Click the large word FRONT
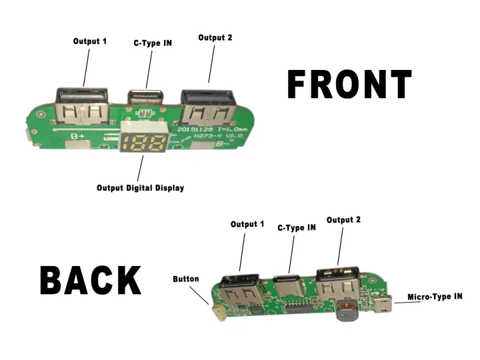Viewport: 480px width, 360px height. (x=349, y=85)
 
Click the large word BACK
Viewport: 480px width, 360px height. (x=91, y=280)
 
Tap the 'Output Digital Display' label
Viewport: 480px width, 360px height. (x=140, y=188)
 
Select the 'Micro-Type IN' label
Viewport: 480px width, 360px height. (x=434, y=296)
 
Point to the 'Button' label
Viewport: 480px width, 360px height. (x=185, y=279)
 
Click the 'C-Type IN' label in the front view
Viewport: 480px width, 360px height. (x=153, y=43)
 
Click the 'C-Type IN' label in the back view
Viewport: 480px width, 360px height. (x=297, y=227)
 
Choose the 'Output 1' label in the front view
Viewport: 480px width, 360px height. (x=90, y=41)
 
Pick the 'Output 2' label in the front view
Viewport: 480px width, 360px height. (x=215, y=38)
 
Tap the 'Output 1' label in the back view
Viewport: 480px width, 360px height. (x=247, y=224)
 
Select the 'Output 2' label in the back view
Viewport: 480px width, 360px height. (x=343, y=220)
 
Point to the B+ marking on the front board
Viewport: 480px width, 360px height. (x=78, y=136)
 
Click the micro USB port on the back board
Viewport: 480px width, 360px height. (x=382, y=307)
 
